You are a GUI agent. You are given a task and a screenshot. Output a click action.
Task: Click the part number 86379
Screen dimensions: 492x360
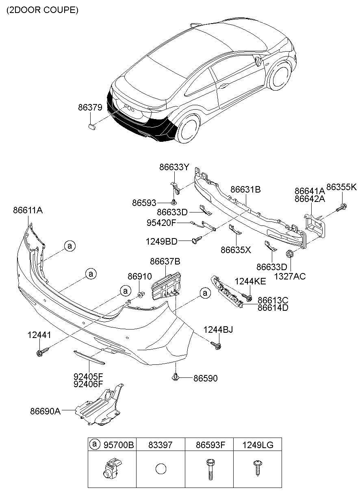(x=90, y=108)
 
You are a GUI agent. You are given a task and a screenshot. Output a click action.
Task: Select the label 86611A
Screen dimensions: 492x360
(x=28, y=210)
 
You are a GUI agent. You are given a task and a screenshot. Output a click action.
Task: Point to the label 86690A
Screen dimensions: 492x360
(x=45, y=411)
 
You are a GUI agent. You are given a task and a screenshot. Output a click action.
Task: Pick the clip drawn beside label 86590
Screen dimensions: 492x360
(x=176, y=377)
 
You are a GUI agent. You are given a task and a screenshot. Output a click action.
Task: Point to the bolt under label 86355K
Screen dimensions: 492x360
(x=342, y=208)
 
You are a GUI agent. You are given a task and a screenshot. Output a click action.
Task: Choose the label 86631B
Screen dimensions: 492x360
(x=245, y=189)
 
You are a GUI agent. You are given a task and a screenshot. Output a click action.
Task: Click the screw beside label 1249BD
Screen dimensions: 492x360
(x=196, y=241)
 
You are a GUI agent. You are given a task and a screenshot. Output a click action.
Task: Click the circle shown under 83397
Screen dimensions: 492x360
(x=160, y=468)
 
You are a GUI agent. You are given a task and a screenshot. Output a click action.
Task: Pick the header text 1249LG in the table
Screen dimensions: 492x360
(x=257, y=445)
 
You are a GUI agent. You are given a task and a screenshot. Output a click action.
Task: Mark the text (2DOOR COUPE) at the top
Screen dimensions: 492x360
(x=42, y=11)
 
